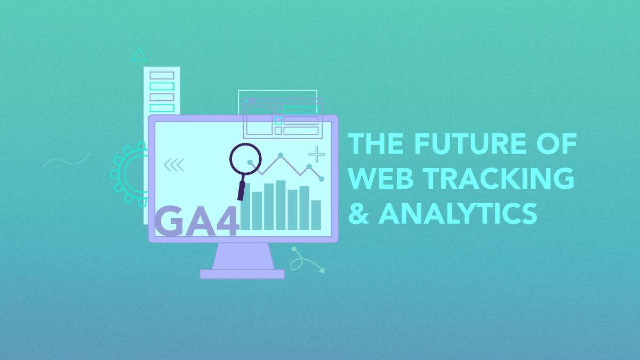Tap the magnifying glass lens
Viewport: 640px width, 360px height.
[245, 160]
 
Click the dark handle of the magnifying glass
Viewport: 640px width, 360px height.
[241, 191]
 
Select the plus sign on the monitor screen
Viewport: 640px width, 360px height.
[317, 154]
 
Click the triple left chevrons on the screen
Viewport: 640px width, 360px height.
[173, 165]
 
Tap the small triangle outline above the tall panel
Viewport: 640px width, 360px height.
[139, 54]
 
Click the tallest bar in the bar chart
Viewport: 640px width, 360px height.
[281, 205]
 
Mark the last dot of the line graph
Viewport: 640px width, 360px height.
[321, 178]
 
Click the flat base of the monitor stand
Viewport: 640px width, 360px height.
[242, 274]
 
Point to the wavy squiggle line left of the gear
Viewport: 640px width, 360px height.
[66, 159]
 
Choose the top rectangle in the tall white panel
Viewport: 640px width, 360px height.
[162, 75]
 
